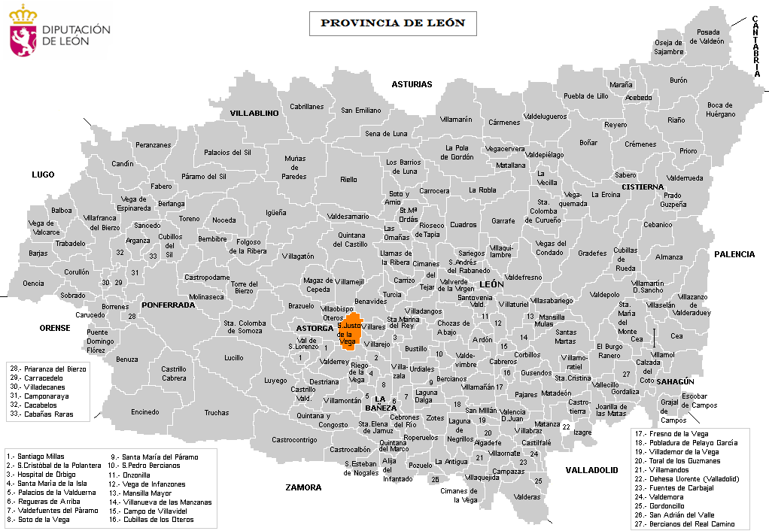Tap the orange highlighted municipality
tap(349, 332)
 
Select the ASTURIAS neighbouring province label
tap(412, 84)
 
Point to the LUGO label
tap(43, 174)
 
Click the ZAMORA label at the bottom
tap(303, 487)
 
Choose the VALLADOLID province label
tap(591, 470)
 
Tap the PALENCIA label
tap(734, 254)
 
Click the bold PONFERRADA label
tap(167, 305)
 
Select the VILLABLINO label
tap(254, 113)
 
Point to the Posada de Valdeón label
tap(709, 37)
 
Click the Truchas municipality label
tap(216, 412)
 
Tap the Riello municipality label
tap(348, 180)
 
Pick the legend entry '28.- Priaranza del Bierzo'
tap(48, 369)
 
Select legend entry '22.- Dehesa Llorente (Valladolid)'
tap(686, 479)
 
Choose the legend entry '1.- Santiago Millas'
tap(35, 456)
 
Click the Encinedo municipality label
tap(144, 411)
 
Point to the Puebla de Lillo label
tap(585, 96)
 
